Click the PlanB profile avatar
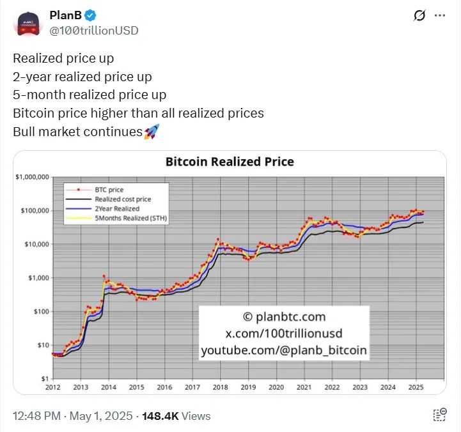27,22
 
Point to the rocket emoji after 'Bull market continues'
152,132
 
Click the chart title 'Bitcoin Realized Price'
230,162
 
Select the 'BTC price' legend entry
108,190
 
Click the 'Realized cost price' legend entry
121,199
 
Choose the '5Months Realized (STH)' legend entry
127,218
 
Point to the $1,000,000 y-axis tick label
32,177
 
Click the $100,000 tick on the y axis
35,211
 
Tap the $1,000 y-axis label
38,278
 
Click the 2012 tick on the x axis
53,387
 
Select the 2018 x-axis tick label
221,387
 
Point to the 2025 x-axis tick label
416,387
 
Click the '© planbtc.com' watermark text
284,317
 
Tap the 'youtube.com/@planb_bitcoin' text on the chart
284,350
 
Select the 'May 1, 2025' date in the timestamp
91,416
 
